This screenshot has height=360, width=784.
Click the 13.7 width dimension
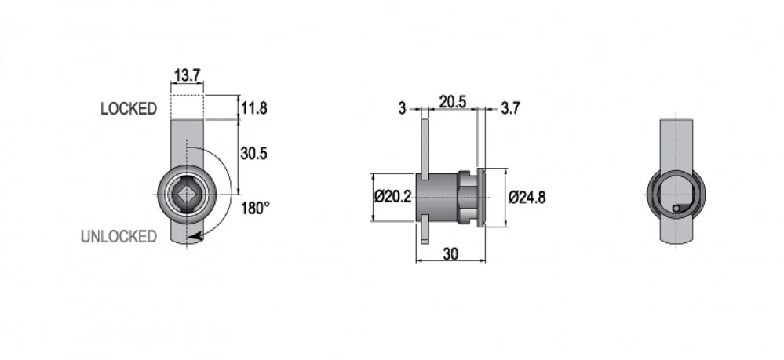click(187, 75)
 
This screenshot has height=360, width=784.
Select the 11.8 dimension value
click(254, 108)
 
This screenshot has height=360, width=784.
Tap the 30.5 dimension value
click(254, 154)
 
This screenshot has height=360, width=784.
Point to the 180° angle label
click(255, 208)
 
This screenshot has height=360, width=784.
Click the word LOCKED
click(129, 108)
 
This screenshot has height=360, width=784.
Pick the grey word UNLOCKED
click(119, 237)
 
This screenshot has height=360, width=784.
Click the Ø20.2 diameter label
click(393, 197)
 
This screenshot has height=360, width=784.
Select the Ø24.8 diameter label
click(527, 198)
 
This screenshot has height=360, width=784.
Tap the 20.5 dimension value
click(453, 102)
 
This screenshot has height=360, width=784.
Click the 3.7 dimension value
click(510, 108)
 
